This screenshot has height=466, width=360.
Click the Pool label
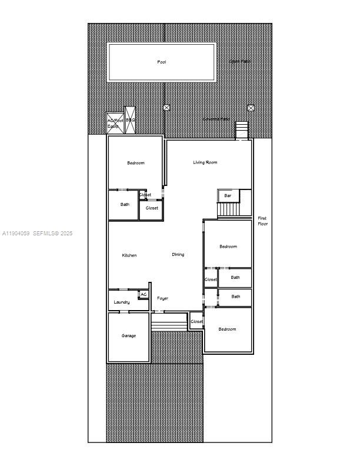162,62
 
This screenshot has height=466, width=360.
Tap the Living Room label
205,162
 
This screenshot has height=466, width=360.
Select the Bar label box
228,195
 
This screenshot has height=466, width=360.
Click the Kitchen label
129,255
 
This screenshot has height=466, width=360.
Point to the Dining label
178,255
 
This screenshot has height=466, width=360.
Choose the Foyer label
162,298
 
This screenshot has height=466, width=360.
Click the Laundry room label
122,302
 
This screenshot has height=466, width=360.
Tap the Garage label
129,336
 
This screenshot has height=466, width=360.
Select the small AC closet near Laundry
144,294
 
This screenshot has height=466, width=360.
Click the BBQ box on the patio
131,120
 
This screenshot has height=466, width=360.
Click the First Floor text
262,221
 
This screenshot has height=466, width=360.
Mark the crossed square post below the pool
166,108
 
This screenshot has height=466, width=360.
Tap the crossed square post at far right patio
251,108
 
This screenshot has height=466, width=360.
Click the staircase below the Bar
229,209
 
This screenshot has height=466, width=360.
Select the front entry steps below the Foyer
169,321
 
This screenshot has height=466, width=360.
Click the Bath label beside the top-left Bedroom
125,205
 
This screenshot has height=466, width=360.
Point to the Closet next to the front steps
196,322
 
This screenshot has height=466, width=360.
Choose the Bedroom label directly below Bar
228,247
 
